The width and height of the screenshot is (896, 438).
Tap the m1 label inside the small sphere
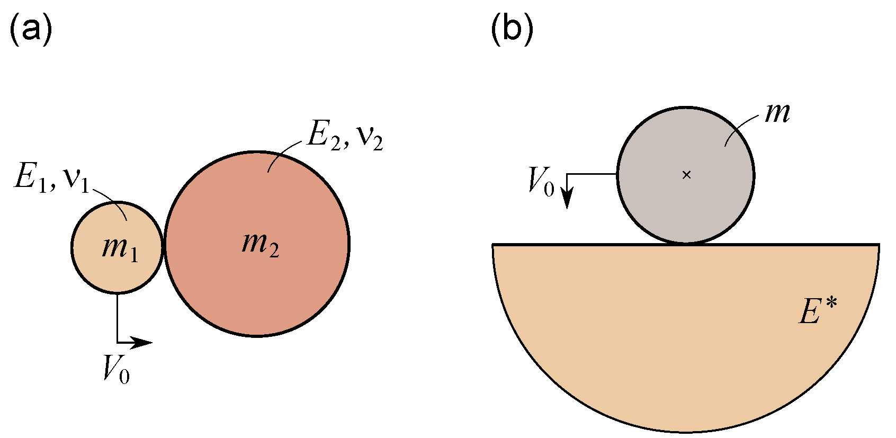coord(120,248)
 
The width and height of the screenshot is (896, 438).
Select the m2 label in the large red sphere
coord(260,244)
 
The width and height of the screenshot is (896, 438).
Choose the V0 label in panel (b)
coord(541,182)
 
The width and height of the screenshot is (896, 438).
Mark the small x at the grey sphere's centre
coord(687,175)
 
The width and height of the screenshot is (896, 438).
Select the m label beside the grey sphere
coord(777,113)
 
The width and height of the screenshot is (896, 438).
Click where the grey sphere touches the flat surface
coord(686,244)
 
